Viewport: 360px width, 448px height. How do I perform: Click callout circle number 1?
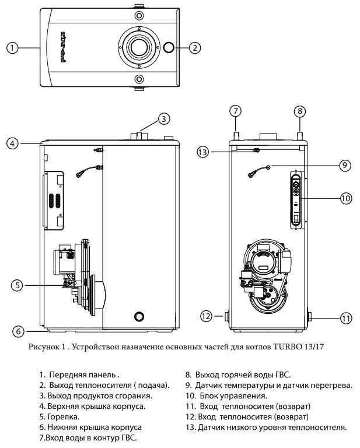[x=13, y=48]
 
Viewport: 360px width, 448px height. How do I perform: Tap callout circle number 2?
[x=195, y=48]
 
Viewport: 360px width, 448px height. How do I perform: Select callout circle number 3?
[x=165, y=118]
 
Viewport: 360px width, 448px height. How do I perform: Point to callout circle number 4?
[x=13, y=142]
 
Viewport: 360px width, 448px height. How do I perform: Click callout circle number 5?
[x=18, y=285]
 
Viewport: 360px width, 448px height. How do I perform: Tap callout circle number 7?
[x=235, y=110]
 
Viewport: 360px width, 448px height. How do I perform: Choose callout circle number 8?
[x=299, y=110]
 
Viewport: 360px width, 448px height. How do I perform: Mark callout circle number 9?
[x=344, y=166]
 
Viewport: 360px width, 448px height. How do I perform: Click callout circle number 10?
[x=345, y=198]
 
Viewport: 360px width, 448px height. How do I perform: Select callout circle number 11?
[x=347, y=318]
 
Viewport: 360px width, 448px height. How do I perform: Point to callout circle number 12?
[x=205, y=316]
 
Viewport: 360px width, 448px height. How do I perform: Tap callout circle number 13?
[x=202, y=152]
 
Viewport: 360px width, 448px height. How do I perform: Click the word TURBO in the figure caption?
[x=285, y=346]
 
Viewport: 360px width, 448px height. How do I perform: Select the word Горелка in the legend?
[x=64, y=416]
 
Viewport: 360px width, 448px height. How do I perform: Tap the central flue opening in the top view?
[x=138, y=47]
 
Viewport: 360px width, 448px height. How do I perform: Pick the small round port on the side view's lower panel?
[x=138, y=316]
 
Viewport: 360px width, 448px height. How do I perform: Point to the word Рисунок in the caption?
[x=43, y=346]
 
